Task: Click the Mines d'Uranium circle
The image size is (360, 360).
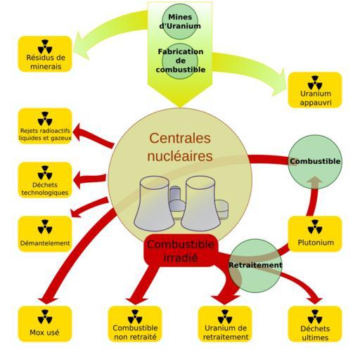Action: click(180, 21)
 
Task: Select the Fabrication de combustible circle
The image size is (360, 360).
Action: click(180, 61)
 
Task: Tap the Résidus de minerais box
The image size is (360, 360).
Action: click(45, 54)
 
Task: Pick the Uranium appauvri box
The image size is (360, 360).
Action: click(315, 90)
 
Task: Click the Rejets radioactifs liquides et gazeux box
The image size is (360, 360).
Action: click(45, 126)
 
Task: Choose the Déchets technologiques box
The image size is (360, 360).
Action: click(45, 180)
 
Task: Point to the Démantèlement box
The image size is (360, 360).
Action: click(45, 234)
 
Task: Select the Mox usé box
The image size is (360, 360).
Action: click(45, 324)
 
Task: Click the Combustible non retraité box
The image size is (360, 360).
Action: click(135, 324)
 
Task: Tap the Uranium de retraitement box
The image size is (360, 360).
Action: click(225, 324)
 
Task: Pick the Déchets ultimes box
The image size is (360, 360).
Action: click(315, 324)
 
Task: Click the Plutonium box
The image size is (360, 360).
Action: click(315, 234)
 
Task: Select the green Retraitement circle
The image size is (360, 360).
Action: click(255, 266)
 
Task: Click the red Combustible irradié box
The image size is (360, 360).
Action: click(181, 250)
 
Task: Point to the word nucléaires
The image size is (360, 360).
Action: click(180, 156)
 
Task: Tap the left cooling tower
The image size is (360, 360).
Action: click(154, 203)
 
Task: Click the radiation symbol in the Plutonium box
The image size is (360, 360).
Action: click(315, 226)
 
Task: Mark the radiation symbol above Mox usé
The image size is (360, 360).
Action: click(45, 316)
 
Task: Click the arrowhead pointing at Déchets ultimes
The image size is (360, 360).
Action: click(315, 301)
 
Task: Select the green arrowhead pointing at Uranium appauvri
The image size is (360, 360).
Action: click(279, 83)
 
